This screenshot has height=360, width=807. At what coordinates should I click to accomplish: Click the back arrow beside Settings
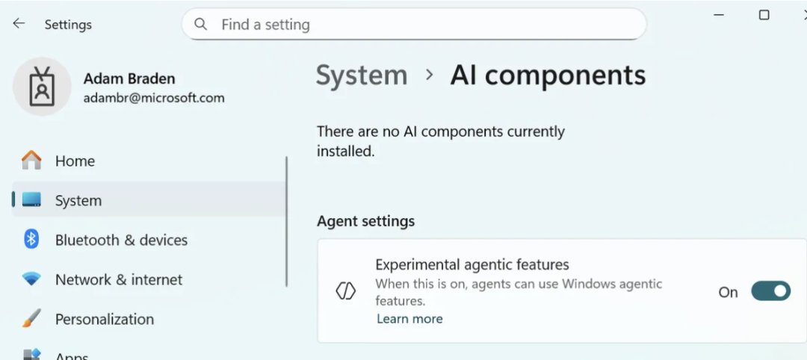(19, 23)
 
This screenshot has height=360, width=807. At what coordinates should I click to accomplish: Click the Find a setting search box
(414, 24)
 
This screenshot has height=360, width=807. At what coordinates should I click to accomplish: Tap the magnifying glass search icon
(200, 24)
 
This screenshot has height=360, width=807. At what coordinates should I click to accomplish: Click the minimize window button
(719, 16)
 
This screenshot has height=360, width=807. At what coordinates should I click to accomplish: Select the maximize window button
(764, 15)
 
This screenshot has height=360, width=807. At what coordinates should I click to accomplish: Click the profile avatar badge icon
(42, 87)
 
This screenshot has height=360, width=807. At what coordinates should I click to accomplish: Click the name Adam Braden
(129, 78)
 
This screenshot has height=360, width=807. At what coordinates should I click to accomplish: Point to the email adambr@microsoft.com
(154, 99)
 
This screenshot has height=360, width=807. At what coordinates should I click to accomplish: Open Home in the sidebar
(75, 161)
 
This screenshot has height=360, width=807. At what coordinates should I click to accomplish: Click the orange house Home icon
(31, 161)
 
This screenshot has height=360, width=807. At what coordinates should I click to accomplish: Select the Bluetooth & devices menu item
(122, 240)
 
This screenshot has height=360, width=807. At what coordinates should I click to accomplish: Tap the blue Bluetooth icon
(31, 239)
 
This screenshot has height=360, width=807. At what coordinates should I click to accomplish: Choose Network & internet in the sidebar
(119, 280)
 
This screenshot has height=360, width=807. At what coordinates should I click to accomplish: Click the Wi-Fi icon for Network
(31, 279)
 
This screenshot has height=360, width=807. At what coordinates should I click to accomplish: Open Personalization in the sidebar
(105, 320)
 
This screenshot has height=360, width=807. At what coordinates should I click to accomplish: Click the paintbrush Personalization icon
(31, 318)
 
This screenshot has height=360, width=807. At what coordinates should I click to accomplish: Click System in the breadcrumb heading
(362, 75)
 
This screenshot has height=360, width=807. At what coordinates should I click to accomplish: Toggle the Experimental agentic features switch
(770, 291)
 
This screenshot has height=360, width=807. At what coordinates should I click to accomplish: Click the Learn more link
(409, 319)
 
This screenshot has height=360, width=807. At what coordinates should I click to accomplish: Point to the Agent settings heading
(366, 222)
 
